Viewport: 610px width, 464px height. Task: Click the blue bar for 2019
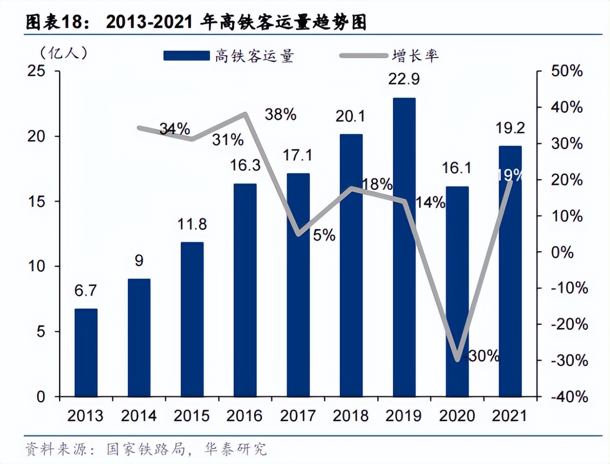pyautogui.click(x=404, y=248)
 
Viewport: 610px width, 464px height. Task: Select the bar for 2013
pyautogui.click(x=86, y=353)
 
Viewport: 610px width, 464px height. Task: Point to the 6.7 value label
pyautogui.click(x=85, y=290)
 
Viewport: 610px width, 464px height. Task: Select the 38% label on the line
pyautogui.click(x=280, y=114)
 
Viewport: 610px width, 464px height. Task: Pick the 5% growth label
pyautogui.click(x=324, y=235)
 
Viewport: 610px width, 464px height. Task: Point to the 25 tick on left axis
pyautogui.click(x=37, y=71)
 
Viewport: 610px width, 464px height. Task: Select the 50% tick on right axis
pyautogui.click(x=567, y=71)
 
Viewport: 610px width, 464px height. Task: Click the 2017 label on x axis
pyautogui.click(x=298, y=416)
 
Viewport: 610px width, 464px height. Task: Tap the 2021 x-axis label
pyautogui.click(x=509, y=416)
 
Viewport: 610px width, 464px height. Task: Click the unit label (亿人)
pyautogui.click(x=64, y=52)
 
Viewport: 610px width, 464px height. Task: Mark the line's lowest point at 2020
pyautogui.click(x=457, y=360)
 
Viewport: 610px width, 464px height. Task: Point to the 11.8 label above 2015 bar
pyautogui.click(x=192, y=224)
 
